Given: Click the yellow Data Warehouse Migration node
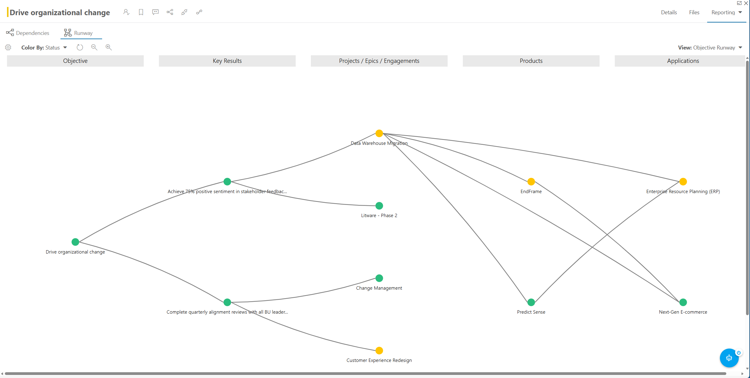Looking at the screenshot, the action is (x=379, y=133).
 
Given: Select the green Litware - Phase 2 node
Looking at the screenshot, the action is (x=379, y=206).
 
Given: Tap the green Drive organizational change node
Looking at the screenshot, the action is (x=75, y=242).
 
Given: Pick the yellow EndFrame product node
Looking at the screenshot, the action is (x=531, y=182).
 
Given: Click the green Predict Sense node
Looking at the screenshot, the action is (x=531, y=302).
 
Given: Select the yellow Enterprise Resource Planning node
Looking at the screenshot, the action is (x=683, y=182).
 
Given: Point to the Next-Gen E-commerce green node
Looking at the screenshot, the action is (x=683, y=302).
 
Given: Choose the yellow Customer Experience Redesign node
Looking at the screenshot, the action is (x=379, y=351).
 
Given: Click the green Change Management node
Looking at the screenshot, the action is (x=379, y=278).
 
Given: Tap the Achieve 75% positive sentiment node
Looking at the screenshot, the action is (x=227, y=182).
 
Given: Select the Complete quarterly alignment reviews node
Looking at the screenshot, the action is (x=227, y=302).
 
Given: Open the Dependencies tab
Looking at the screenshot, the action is (x=28, y=33).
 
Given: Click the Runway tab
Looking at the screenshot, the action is (x=78, y=33).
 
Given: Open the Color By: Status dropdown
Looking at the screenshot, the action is (x=44, y=48).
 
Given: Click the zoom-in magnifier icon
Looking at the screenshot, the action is (x=108, y=47).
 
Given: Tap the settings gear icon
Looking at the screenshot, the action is (x=8, y=47).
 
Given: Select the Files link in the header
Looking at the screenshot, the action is (x=694, y=12).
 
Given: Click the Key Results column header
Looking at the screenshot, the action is (x=227, y=61).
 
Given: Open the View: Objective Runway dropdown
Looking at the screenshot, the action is (x=710, y=48).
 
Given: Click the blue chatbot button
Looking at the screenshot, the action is (x=729, y=358).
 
